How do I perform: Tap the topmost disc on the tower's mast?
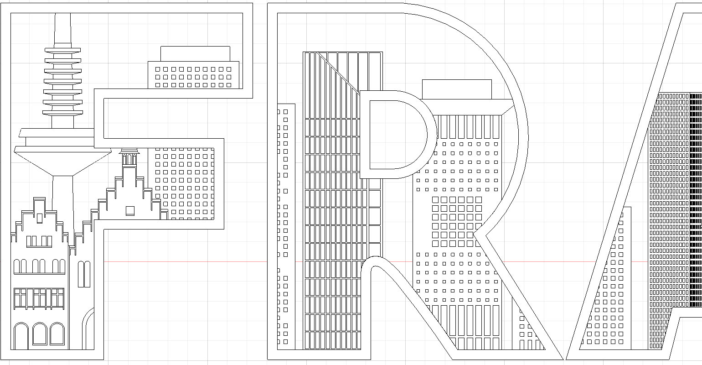coord(62,50)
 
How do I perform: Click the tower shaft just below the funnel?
coord(62,192)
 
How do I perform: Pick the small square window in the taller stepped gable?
coord(130,210)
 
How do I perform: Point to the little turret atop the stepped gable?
coord(129,157)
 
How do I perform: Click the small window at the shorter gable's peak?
coord(40,218)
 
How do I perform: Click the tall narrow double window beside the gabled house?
coord(84,274)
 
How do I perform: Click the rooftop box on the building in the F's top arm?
coord(195,53)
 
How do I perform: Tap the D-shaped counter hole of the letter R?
coord(394,135)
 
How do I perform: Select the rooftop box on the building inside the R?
coord(457,89)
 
